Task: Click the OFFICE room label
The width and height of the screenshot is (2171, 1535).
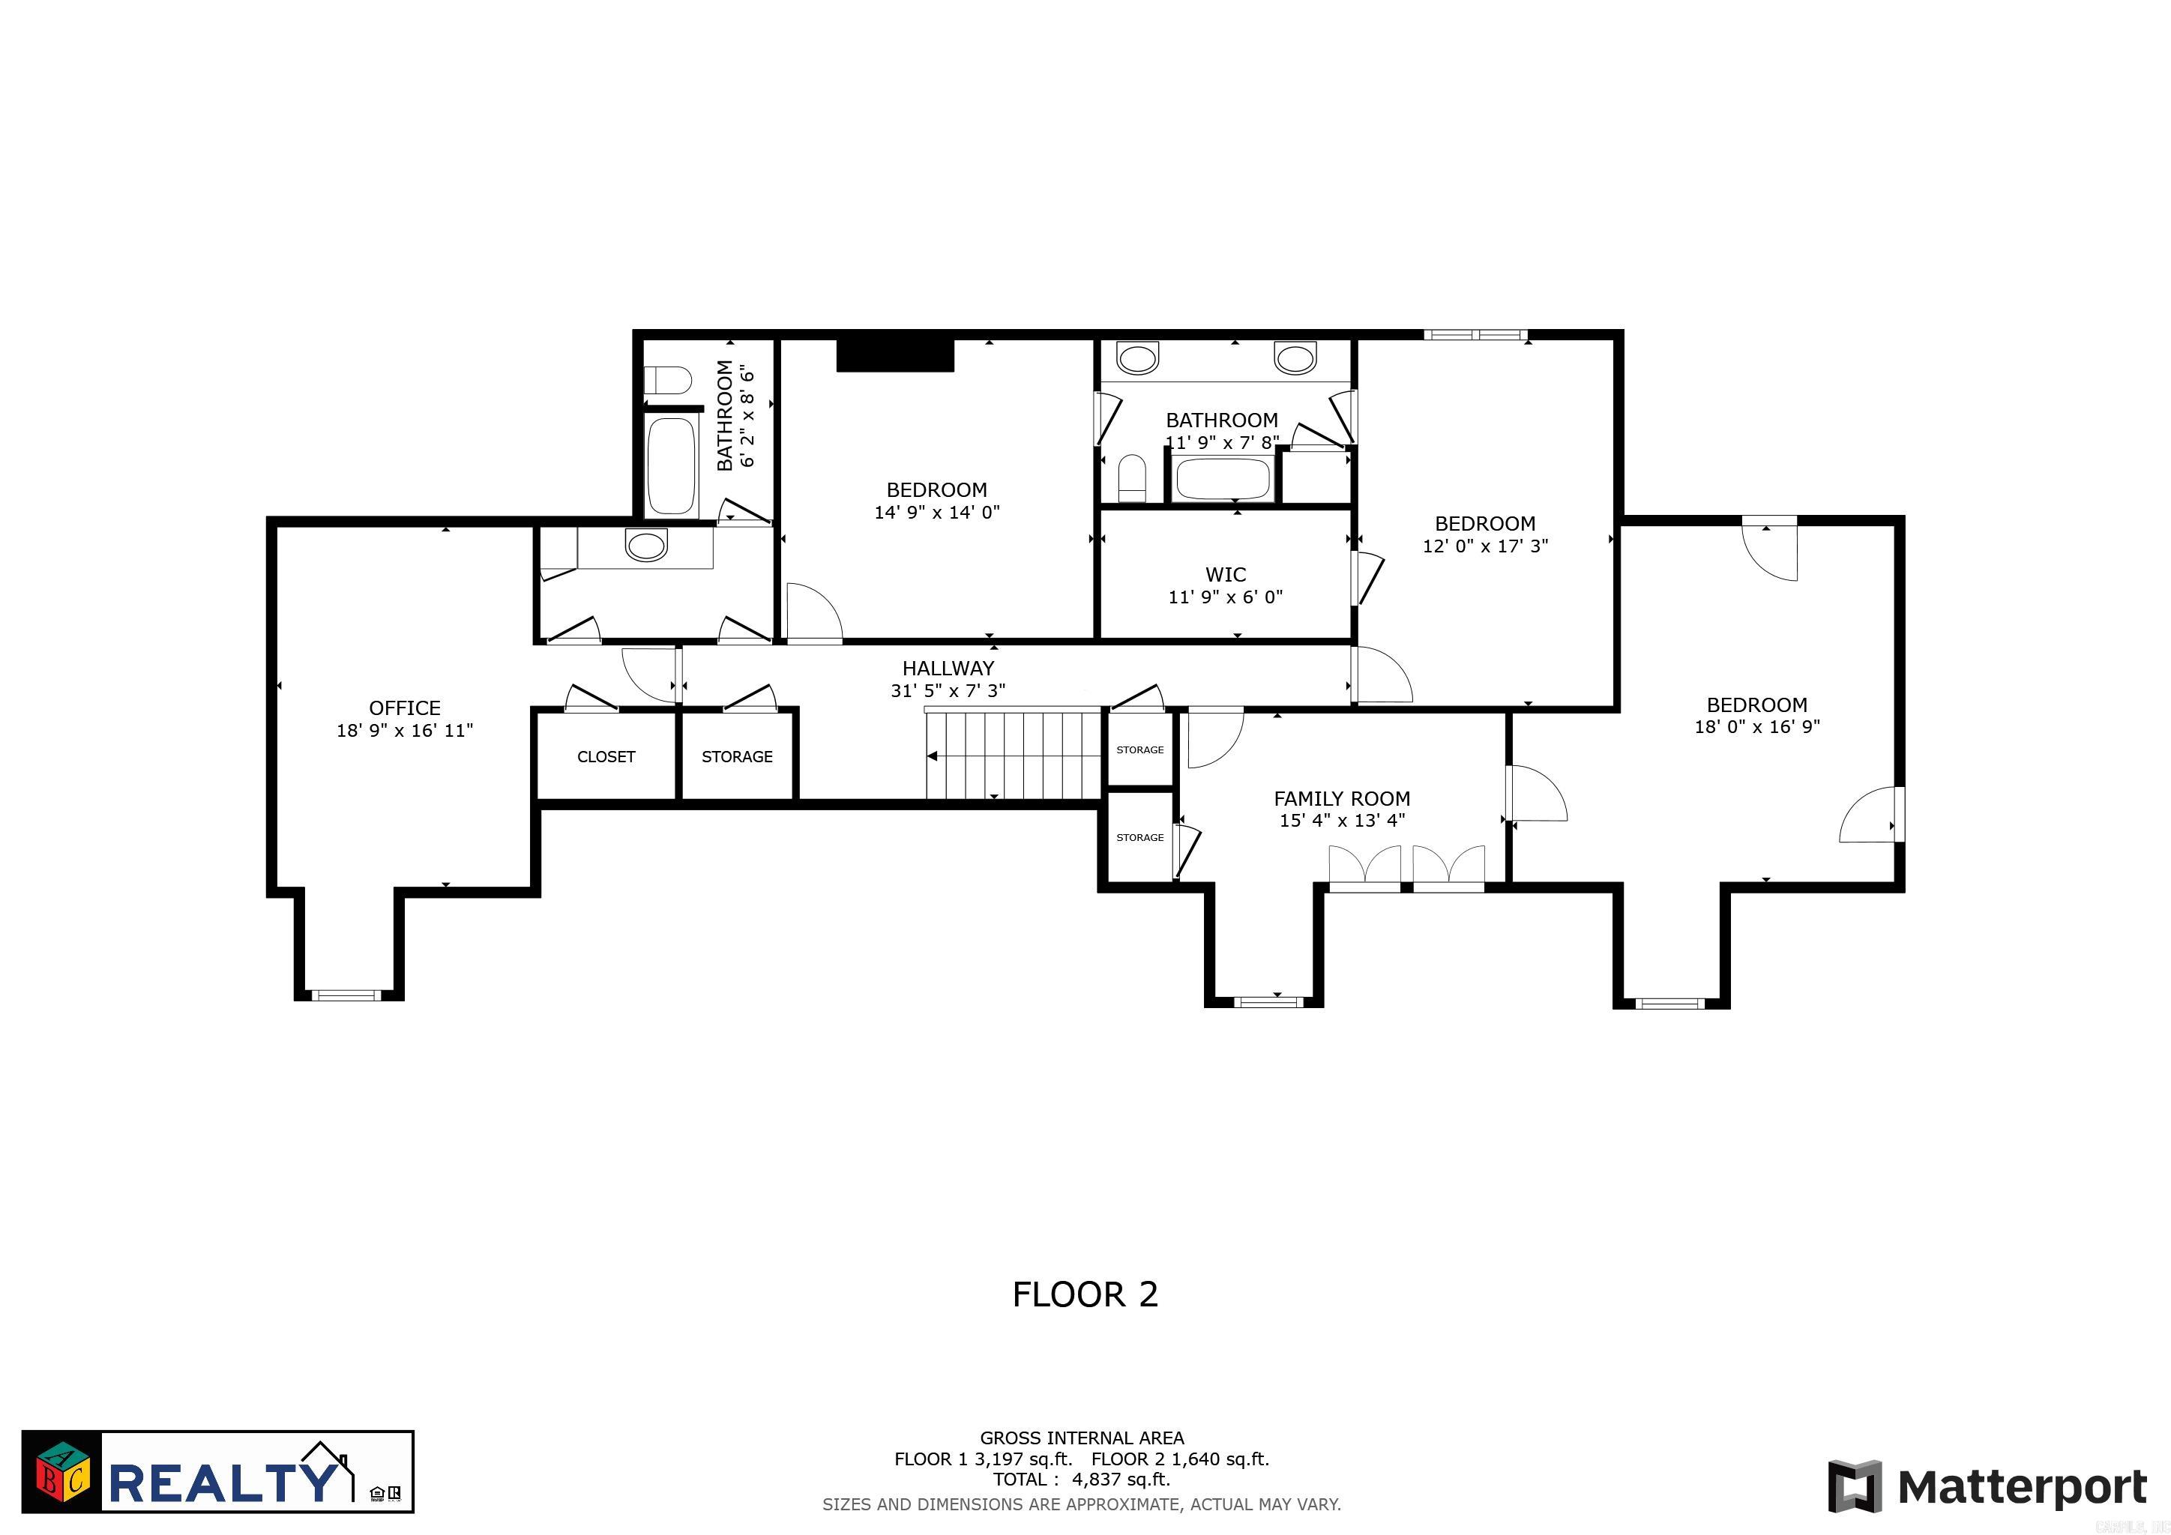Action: click(405, 708)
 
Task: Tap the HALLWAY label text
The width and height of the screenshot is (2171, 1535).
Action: click(948, 669)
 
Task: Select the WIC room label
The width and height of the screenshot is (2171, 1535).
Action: click(1226, 575)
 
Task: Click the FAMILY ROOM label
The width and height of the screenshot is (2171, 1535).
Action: click(1342, 799)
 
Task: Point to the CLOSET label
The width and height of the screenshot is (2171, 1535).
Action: click(606, 757)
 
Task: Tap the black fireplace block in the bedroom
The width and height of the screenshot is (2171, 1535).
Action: click(894, 355)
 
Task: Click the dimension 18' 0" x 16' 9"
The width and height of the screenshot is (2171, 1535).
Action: click(1757, 727)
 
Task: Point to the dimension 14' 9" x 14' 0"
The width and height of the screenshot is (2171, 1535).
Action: click(937, 513)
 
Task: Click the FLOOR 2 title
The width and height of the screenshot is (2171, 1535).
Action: click(1085, 1294)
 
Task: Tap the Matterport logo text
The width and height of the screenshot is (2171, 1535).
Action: click(2022, 1487)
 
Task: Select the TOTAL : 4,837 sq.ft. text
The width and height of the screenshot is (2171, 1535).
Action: click(1081, 1480)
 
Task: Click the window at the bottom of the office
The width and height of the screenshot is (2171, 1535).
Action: click(346, 995)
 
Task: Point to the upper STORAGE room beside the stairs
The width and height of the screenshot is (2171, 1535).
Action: click(1139, 750)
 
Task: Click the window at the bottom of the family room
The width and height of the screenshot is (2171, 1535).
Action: click(1268, 1001)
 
